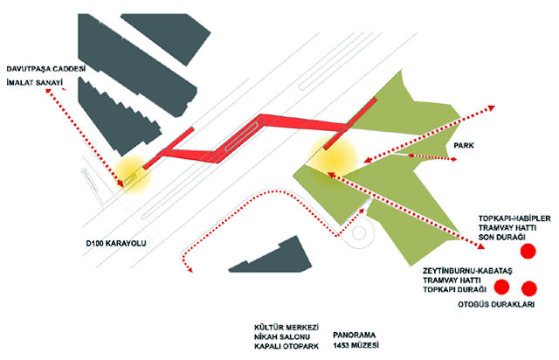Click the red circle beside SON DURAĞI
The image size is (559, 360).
point(528,252)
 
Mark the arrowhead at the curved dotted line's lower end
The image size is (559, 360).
point(185,272)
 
